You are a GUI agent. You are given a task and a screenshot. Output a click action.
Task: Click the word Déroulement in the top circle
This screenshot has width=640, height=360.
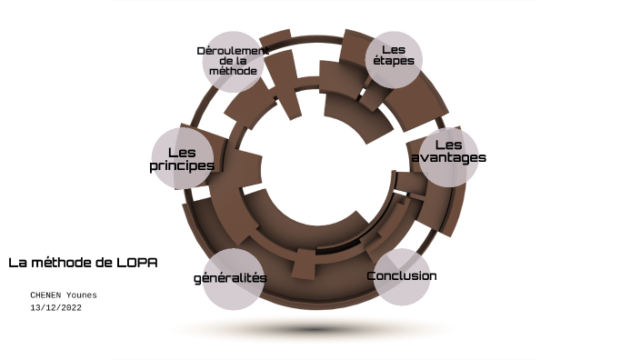(x=233, y=50)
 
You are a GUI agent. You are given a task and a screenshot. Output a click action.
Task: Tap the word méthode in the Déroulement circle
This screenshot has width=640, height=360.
(x=233, y=71)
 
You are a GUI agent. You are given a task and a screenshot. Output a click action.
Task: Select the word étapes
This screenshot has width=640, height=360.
(x=393, y=62)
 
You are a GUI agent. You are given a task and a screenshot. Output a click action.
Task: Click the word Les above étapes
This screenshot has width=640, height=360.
(x=393, y=49)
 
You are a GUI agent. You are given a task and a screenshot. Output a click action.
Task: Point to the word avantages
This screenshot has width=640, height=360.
(x=448, y=157)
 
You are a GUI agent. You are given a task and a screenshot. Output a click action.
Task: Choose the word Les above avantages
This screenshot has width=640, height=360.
(x=448, y=145)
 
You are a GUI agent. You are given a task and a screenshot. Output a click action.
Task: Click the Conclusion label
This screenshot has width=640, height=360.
(x=402, y=275)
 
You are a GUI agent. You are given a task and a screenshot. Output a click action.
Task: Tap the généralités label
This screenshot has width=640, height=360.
(x=230, y=277)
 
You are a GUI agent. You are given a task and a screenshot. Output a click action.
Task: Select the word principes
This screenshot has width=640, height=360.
(x=182, y=165)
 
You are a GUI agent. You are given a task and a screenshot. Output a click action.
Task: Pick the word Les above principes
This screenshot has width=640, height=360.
(x=182, y=152)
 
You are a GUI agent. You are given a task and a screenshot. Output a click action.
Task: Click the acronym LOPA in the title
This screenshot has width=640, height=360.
(x=137, y=263)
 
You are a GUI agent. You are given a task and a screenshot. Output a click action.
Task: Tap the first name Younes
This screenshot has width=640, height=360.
(x=81, y=295)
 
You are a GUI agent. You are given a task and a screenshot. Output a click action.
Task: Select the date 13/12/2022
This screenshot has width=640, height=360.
(x=56, y=308)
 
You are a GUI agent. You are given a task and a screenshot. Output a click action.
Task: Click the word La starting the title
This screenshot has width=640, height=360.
(x=16, y=263)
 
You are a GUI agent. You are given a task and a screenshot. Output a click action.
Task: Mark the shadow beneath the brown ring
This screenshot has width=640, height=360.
(x=314, y=329)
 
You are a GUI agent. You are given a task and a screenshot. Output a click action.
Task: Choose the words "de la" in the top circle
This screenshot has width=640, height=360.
(x=233, y=61)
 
